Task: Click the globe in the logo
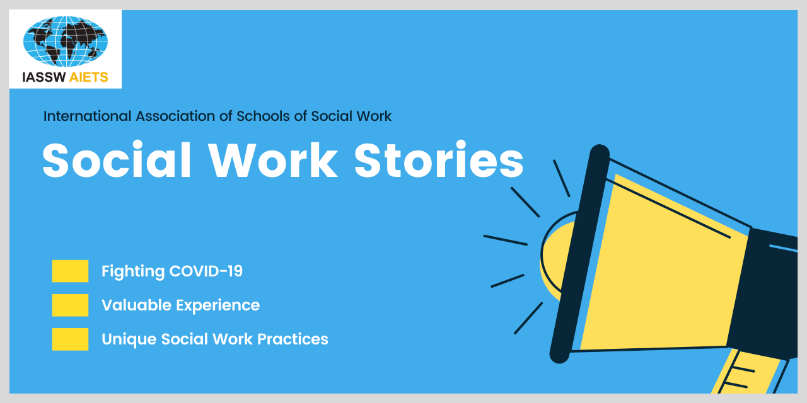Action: click(65, 41)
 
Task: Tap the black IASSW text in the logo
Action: click(44, 77)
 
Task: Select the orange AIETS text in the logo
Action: click(89, 77)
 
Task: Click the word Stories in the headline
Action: click(439, 160)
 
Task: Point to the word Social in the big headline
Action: click(117, 160)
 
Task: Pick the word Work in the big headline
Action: click(274, 160)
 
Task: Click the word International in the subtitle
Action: click(87, 116)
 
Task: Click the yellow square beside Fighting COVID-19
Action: click(70, 271)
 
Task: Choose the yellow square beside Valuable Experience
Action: click(70, 305)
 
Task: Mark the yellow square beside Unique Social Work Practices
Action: click(70, 339)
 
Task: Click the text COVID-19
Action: click(206, 271)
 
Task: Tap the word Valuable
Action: click(137, 305)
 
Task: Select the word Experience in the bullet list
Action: click(218, 306)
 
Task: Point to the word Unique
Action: click(129, 339)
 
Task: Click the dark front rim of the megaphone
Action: click(579, 254)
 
